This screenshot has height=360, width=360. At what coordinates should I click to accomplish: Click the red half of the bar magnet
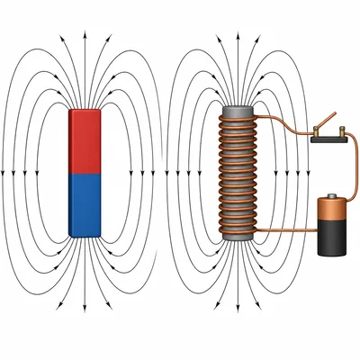[85, 140]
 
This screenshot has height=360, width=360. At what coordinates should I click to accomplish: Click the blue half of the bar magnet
[85, 205]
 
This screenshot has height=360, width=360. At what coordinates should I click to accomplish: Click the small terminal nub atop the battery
[334, 193]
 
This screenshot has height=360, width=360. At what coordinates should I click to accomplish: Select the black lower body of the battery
[334, 238]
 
